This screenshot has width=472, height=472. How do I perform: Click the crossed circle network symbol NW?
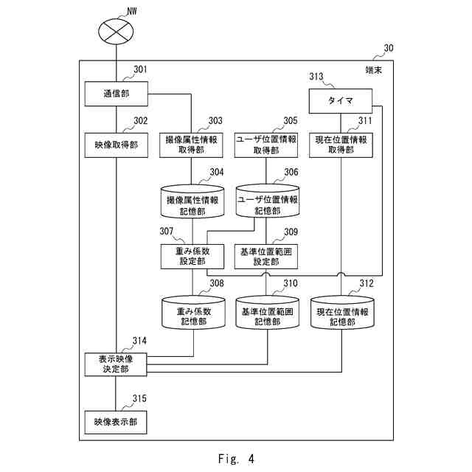click(117, 31)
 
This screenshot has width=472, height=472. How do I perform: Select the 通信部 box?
click(117, 94)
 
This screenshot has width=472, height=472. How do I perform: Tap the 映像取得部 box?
click(117, 144)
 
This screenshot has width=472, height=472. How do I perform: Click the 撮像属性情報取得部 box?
click(192, 144)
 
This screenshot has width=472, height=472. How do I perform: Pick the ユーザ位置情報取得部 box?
click(265, 144)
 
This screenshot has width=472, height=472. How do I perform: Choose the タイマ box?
click(341, 101)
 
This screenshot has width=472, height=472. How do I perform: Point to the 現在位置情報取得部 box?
click(341, 144)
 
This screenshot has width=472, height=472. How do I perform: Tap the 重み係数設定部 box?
click(192, 256)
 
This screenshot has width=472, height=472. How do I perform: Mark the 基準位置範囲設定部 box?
click(265, 256)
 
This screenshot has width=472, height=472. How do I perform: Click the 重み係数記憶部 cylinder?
click(192, 313)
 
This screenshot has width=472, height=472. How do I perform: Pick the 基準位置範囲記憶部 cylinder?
click(265, 313)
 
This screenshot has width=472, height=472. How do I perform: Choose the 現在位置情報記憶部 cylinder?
click(341, 313)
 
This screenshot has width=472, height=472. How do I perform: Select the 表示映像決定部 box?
click(117, 364)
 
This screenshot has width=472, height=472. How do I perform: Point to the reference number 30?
click(388, 49)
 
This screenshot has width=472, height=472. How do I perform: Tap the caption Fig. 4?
click(236, 459)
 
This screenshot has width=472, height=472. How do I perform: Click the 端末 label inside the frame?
click(375, 71)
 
